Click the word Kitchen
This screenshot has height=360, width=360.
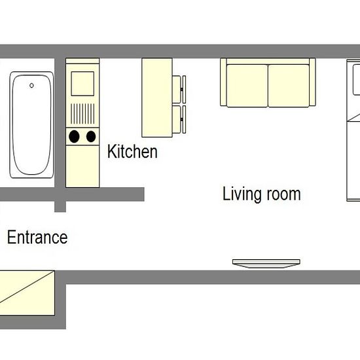tap(132, 151)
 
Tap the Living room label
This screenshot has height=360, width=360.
tap(262, 194)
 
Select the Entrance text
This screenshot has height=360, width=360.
tap(37, 237)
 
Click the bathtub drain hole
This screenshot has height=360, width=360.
tap(31, 86)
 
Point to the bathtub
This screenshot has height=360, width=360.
tap(31, 125)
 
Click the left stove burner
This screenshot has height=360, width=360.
tap(74, 137)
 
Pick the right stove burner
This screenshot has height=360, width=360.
tap(91, 137)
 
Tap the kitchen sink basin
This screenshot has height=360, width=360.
tap(82, 84)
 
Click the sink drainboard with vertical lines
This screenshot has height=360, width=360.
tap(82, 114)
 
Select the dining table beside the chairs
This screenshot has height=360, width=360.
tap(157, 98)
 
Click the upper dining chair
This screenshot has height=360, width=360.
tap(179, 89)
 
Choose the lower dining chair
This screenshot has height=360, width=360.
tap(179, 119)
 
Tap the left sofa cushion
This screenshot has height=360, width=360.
tap(247, 86)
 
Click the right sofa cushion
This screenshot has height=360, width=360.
tap(289, 86)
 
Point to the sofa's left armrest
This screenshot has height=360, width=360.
tap(223, 82)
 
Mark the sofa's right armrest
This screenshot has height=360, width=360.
tap(312, 82)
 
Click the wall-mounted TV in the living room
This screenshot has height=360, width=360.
tap(266, 264)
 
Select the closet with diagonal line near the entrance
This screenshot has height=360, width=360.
tap(27, 293)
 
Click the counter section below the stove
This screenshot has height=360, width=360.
tap(82, 166)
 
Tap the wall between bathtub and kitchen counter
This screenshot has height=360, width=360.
tap(60, 122)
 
